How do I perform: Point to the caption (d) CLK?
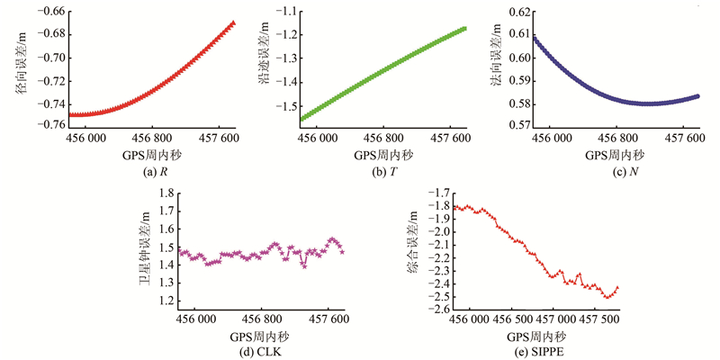point(262,352)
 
